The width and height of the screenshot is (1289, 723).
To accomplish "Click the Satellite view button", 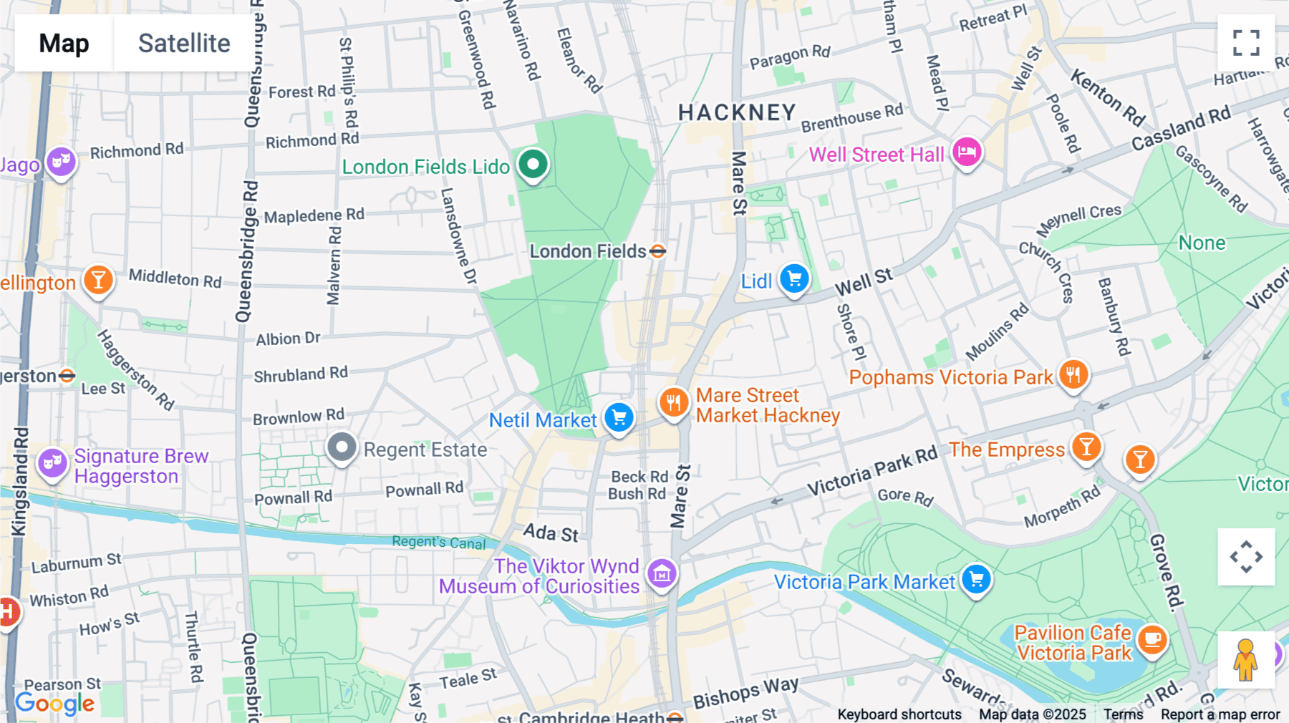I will click(184, 43).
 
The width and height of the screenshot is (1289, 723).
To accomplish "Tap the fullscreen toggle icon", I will click(1246, 43).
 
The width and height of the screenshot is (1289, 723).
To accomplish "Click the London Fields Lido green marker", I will click(533, 165).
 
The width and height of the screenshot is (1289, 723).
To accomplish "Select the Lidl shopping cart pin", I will click(794, 278).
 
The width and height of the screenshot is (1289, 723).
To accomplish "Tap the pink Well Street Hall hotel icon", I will click(967, 152).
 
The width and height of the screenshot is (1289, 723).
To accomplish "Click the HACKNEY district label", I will click(737, 113).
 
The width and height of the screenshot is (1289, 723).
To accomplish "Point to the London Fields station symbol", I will click(657, 251).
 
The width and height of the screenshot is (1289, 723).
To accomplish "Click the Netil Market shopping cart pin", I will click(619, 417).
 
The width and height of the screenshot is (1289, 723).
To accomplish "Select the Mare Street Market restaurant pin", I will click(674, 403).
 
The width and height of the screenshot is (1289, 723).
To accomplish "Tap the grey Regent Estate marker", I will click(342, 448).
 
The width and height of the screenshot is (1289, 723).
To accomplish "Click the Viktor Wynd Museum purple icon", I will click(662, 573).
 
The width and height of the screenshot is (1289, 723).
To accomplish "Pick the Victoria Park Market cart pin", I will click(976, 580).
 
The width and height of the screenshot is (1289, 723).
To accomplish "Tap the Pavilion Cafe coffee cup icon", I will click(1152, 639).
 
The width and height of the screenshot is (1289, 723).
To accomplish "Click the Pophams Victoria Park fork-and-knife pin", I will click(1073, 374).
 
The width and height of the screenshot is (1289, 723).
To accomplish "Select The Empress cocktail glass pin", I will click(1086, 447).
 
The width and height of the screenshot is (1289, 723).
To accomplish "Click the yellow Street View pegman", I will click(1245, 660).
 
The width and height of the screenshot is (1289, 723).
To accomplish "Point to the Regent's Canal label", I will click(438, 543).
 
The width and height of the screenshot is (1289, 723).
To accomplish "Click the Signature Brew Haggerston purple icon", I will click(52, 464).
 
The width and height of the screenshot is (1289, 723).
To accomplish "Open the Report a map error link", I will click(1220, 714).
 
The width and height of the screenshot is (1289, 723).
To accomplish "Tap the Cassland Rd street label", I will click(1180, 128).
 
